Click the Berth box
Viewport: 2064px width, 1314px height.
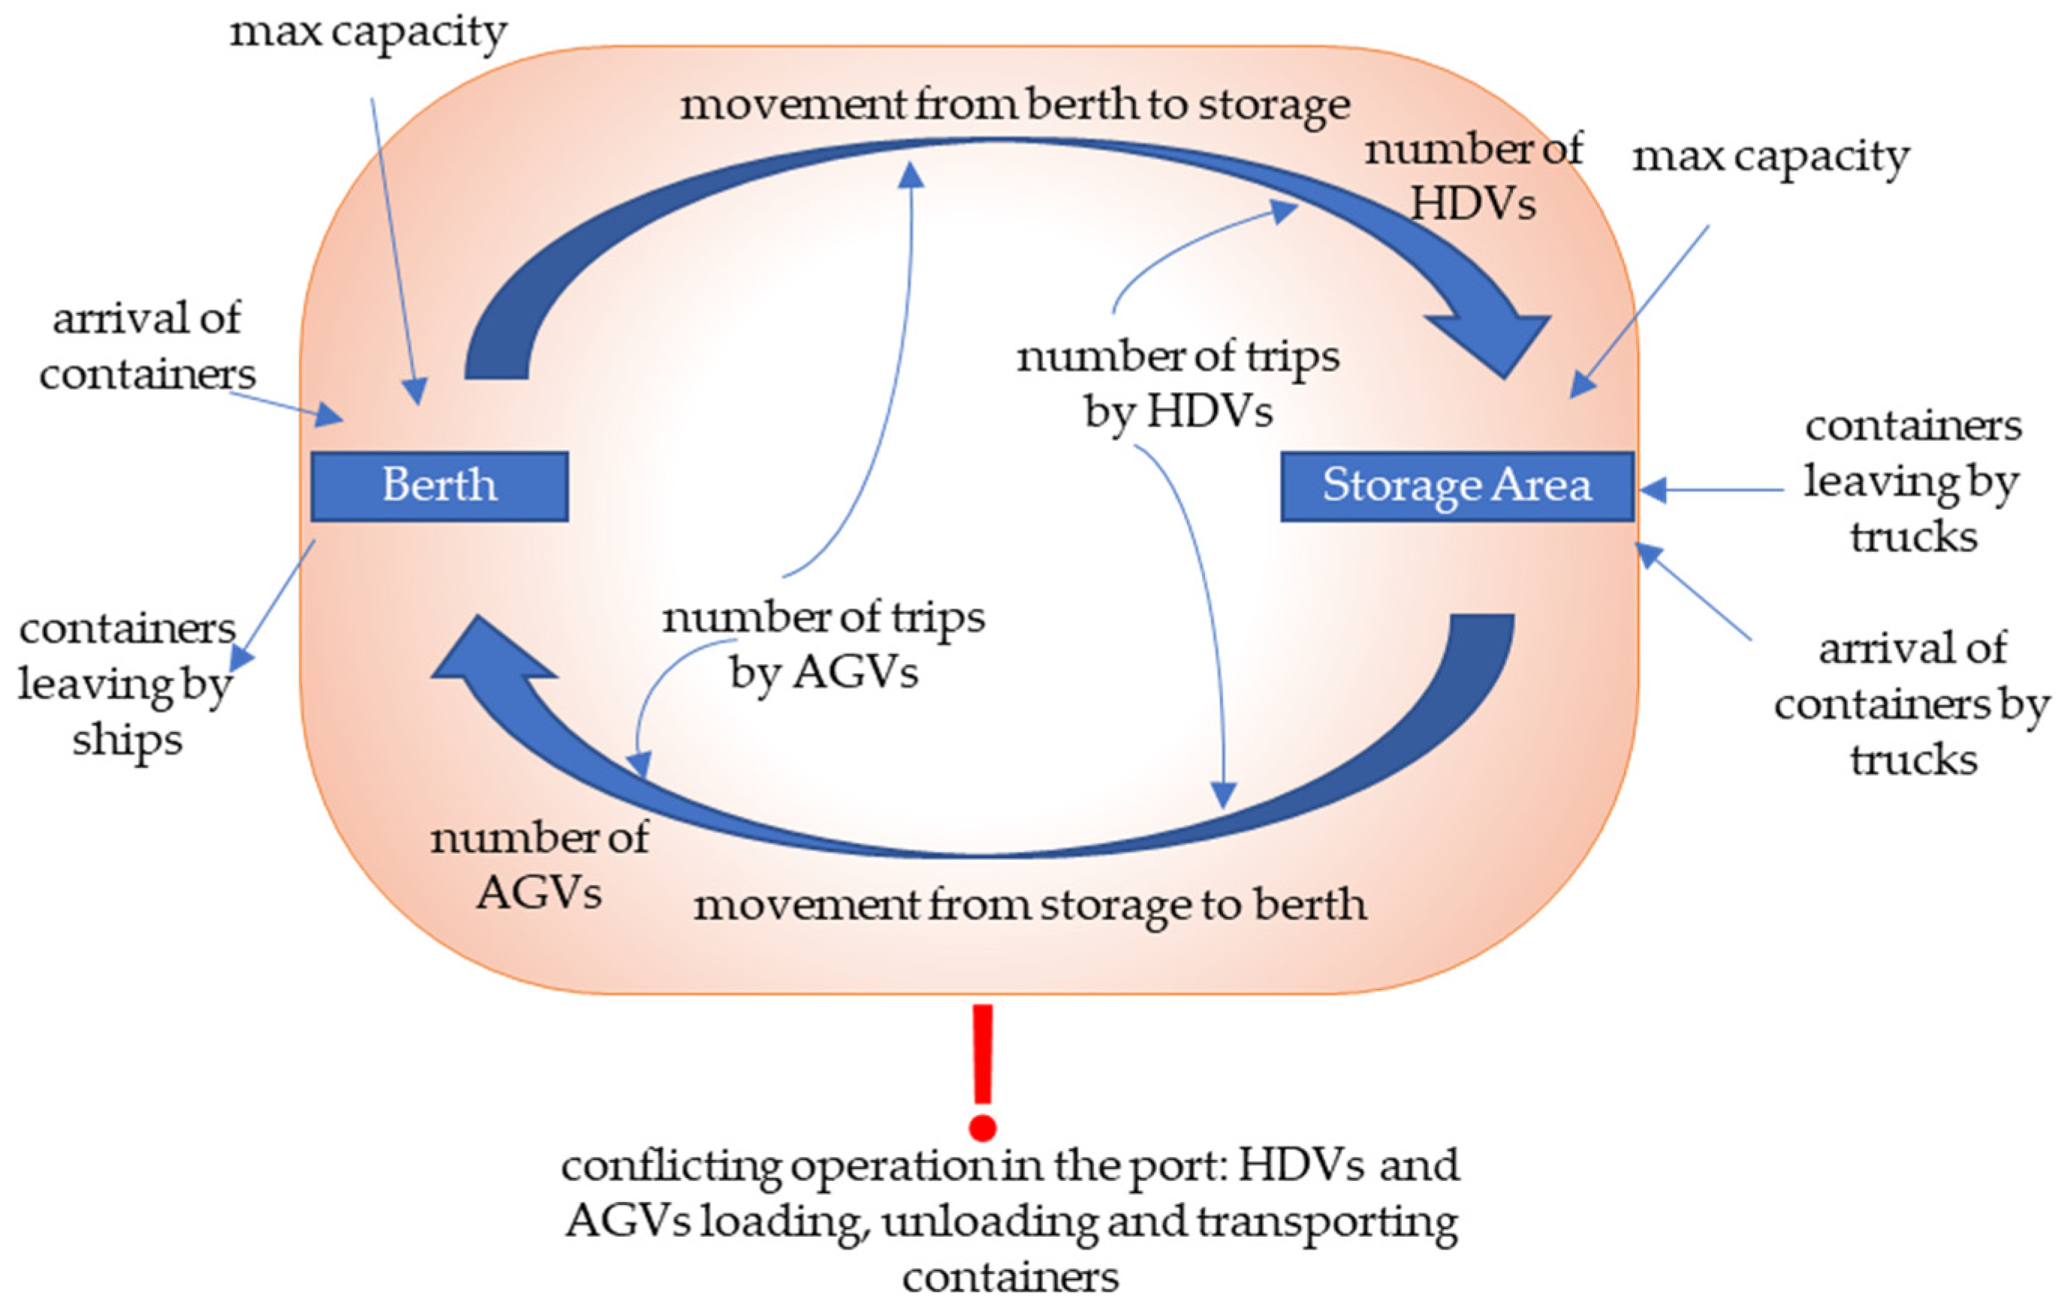tap(439, 486)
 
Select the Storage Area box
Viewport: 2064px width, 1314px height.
tap(1457, 486)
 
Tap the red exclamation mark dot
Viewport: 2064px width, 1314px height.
tap(982, 1126)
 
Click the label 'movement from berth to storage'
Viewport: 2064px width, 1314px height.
tap(1015, 107)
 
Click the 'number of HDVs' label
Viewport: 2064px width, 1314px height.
tap(1473, 176)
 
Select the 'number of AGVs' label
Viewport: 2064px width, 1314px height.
tap(539, 865)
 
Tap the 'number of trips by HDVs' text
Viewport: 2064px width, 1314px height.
tap(1178, 383)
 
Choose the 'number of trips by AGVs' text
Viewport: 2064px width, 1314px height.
tap(824, 643)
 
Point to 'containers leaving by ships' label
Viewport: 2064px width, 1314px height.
tap(127, 684)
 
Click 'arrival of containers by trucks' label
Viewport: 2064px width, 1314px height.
tap(1912, 704)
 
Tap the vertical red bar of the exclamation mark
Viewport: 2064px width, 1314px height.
tap(982, 1053)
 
